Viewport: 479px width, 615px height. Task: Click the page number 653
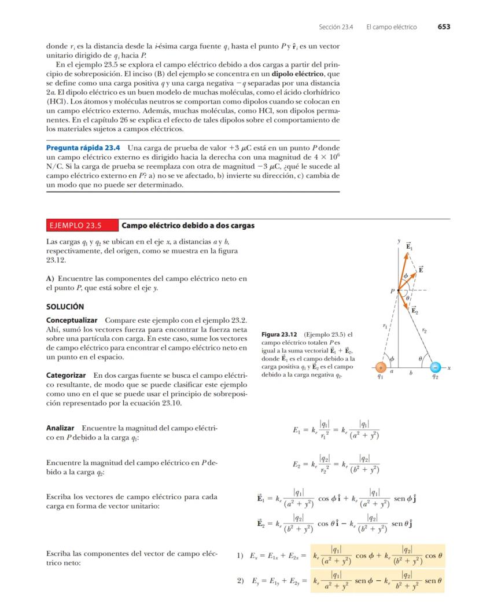pos(444,27)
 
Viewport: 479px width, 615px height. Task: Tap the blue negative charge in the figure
pos(436,367)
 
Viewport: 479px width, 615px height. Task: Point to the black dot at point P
pos(399,290)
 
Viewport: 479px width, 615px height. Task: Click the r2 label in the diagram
pos(425,330)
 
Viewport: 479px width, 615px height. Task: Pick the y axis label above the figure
pos(399,240)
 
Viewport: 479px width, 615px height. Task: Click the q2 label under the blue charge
pos(436,377)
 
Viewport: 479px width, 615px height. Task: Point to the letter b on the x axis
pos(411,373)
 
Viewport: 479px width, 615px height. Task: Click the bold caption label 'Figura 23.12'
pos(279,334)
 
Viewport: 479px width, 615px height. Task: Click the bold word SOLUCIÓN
pos(65,306)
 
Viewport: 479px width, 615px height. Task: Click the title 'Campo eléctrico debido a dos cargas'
pos(188,225)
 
